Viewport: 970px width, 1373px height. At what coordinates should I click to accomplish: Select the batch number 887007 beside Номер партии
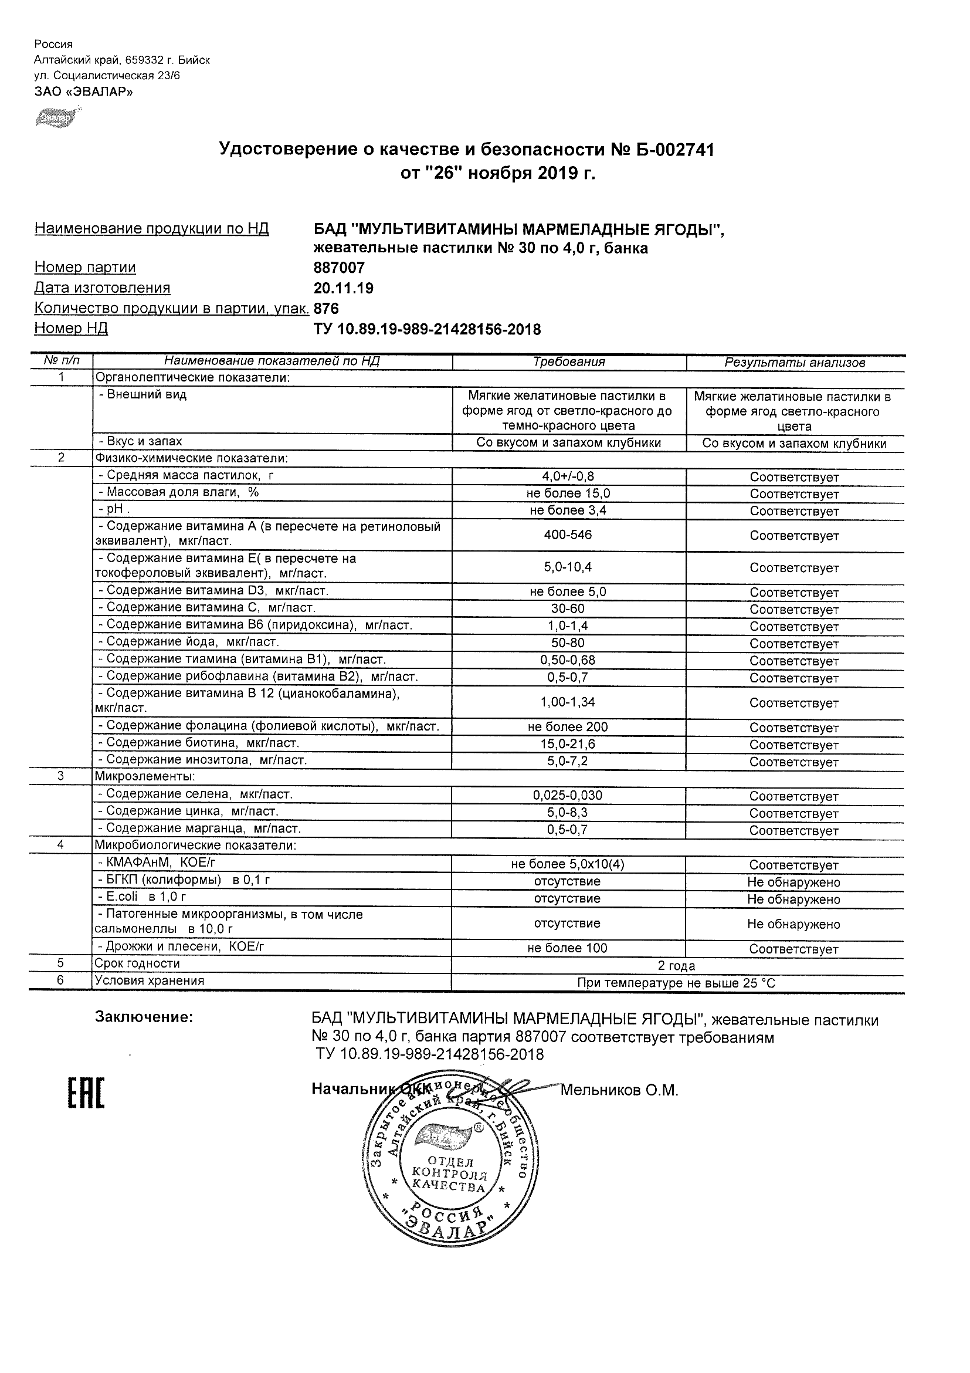click(339, 268)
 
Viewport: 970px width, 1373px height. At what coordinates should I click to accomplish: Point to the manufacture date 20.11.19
click(344, 288)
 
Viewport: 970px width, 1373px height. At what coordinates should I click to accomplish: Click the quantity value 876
click(326, 309)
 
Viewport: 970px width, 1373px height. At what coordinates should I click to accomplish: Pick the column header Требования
click(569, 362)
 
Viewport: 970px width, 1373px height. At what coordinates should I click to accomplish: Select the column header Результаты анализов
click(795, 363)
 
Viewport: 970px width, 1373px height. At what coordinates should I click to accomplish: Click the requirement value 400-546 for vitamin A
click(568, 535)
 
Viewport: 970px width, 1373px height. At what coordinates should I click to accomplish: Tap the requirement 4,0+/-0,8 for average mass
click(568, 476)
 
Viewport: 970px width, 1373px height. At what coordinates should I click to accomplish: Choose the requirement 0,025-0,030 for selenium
click(568, 795)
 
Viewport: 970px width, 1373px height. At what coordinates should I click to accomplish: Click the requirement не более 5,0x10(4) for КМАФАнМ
click(568, 864)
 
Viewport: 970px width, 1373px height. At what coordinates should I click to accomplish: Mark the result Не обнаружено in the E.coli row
click(793, 899)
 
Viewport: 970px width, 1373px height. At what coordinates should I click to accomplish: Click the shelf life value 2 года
click(677, 966)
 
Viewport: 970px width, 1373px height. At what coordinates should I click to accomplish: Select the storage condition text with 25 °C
click(677, 983)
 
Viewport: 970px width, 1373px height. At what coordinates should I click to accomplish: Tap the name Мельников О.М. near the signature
click(619, 1090)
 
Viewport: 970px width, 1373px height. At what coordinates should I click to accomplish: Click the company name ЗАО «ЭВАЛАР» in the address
click(84, 92)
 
